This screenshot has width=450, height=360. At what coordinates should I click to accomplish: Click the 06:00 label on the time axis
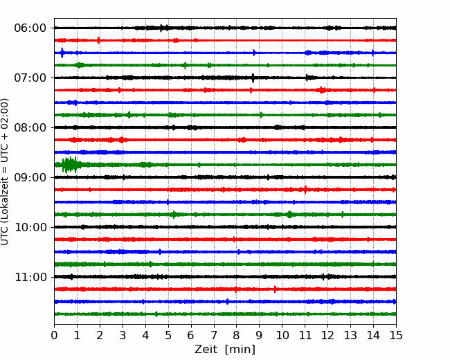coord(30,28)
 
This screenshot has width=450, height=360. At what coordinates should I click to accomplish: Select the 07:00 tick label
coord(30,78)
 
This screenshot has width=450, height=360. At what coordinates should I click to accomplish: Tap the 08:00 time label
coord(30,128)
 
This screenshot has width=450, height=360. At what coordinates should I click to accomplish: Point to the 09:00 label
coord(30,178)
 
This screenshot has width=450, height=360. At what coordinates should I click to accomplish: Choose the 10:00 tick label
coord(30,227)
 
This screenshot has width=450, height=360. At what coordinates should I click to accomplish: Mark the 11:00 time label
coord(30,278)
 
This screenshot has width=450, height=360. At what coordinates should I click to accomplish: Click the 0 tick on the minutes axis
coord(54,335)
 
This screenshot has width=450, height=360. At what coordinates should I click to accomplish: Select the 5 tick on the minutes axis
coord(168,335)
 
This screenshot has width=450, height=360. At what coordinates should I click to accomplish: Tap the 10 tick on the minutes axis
coord(282,335)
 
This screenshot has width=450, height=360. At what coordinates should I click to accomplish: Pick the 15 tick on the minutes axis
coord(396,335)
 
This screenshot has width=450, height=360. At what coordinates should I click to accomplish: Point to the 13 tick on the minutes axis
coord(350,335)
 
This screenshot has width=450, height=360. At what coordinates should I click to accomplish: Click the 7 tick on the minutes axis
coord(214,335)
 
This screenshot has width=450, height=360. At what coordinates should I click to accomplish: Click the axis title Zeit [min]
coord(225,350)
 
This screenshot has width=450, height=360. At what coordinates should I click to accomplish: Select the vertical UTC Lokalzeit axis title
coord(5,172)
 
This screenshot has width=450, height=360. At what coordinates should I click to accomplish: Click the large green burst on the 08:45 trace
coord(69,165)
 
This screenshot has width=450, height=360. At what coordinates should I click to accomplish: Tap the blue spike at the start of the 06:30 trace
coord(62,53)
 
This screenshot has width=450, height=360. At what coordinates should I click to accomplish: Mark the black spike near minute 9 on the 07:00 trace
coord(253,78)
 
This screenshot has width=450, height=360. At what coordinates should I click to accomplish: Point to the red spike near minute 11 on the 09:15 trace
coord(305,190)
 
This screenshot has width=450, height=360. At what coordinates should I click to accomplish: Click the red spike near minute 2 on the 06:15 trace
coord(99,40)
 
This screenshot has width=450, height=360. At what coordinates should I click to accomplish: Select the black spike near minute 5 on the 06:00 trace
coord(161,28)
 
